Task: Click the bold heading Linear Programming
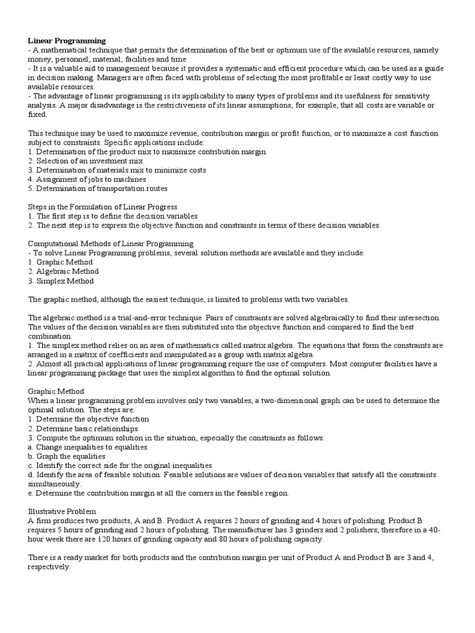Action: pyautogui.click(x=67, y=41)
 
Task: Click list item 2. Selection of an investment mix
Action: pyautogui.click(x=85, y=161)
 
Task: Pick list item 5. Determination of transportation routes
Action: pyautogui.click(x=98, y=189)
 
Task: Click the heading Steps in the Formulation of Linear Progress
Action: pyautogui.click(x=103, y=207)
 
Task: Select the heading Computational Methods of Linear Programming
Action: pyautogui.click(x=111, y=244)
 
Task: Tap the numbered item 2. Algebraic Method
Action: pyautogui.click(x=64, y=271)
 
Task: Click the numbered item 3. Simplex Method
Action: pyautogui.click(x=61, y=281)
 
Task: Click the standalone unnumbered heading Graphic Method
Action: pyautogui.click(x=56, y=391)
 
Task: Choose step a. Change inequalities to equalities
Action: pyautogui.click(x=87, y=447)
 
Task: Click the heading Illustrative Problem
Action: pyautogui.click(x=62, y=511)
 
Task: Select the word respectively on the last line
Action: pyautogui.click(x=49, y=567)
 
